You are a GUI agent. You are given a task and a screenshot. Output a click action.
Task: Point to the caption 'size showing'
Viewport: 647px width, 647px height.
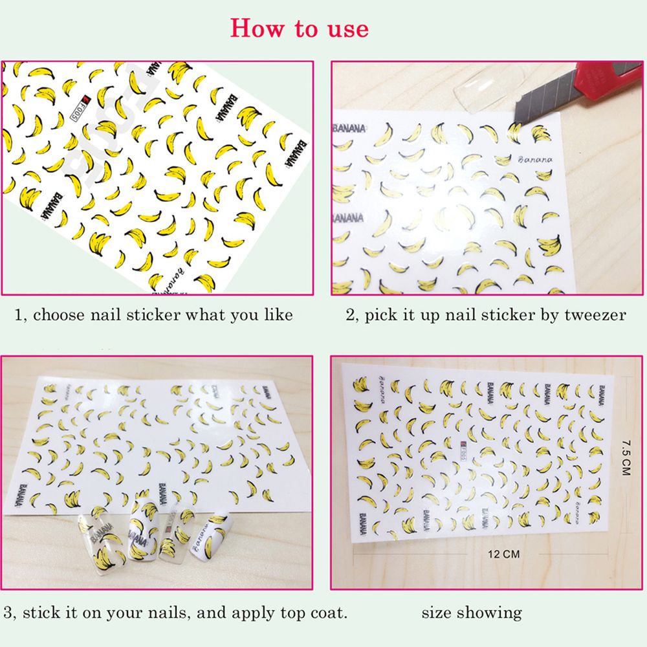[x=472, y=612]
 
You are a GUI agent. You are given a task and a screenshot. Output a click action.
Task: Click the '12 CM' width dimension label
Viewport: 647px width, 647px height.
[x=505, y=554]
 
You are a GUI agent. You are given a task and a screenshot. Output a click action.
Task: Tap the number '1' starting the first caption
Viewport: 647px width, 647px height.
[x=19, y=316]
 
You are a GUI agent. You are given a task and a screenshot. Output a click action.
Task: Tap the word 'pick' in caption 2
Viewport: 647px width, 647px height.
[x=379, y=315]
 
